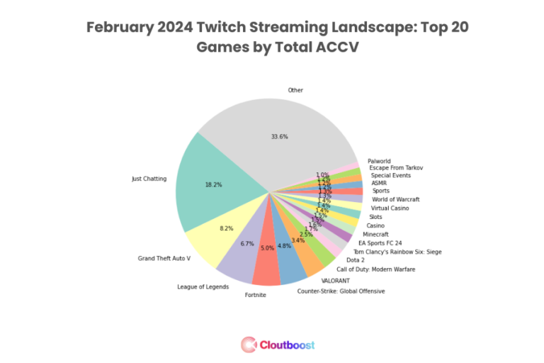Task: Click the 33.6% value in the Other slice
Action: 279,136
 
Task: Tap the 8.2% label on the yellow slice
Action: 226,228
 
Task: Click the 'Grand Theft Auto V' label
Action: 164,258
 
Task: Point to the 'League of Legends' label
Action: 202,286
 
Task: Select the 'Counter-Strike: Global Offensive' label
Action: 341,291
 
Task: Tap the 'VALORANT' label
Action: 336,281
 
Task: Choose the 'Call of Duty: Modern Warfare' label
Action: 375,269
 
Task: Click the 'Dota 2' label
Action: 356,260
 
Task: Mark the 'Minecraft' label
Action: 375,234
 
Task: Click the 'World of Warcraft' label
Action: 395,199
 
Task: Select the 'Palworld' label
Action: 379,161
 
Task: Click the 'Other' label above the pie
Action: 295,90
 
